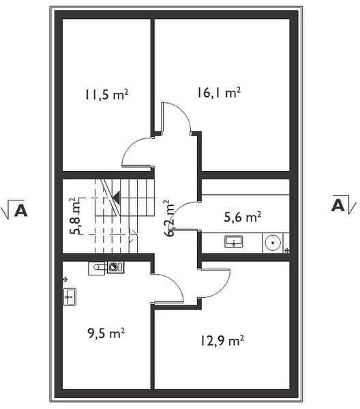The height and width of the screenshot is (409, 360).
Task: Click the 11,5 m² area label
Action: (x=106, y=95)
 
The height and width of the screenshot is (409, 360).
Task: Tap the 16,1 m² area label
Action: (x=219, y=93)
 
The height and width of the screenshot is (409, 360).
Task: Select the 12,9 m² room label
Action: (x=222, y=341)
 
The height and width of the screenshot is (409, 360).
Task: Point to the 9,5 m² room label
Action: (x=106, y=333)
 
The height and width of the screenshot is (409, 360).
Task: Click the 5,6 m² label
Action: (x=243, y=217)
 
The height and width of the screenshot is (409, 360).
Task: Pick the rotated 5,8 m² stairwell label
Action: (x=76, y=216)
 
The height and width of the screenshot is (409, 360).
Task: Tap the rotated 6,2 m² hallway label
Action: (x=170, y=218)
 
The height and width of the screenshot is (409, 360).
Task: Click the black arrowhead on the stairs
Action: (x=117, y=198)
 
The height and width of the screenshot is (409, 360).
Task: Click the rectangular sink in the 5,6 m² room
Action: (x=233, y=241)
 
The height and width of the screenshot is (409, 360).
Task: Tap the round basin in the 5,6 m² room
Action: (x=273, y=242)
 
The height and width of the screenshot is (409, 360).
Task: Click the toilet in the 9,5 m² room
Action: (x=97, y=267)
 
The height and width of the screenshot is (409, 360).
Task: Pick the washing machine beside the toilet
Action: (x=115, y=267)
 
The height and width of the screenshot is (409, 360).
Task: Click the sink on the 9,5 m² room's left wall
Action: (x=70, y=297)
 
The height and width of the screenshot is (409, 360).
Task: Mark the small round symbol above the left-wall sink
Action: (x=65, y=279)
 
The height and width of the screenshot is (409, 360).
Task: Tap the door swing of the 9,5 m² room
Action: (x=173, y=282)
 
